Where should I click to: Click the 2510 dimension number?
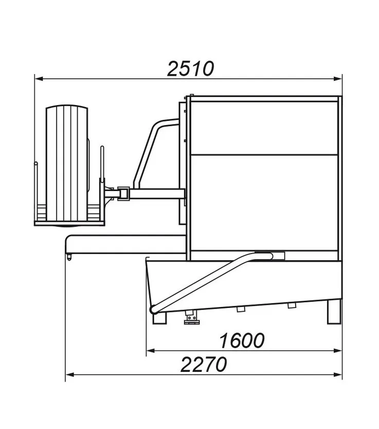pos(190,68)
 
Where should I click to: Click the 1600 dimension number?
pos(242,340)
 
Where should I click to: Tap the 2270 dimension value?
pos(204,365)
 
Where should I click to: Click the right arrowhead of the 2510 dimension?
pos(338,79)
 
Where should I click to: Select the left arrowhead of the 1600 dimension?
pos(151,351)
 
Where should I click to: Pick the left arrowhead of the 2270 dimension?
pos(70,374)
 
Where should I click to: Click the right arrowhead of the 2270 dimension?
pos(338,374)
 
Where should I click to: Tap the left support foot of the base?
pos(159,318)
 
